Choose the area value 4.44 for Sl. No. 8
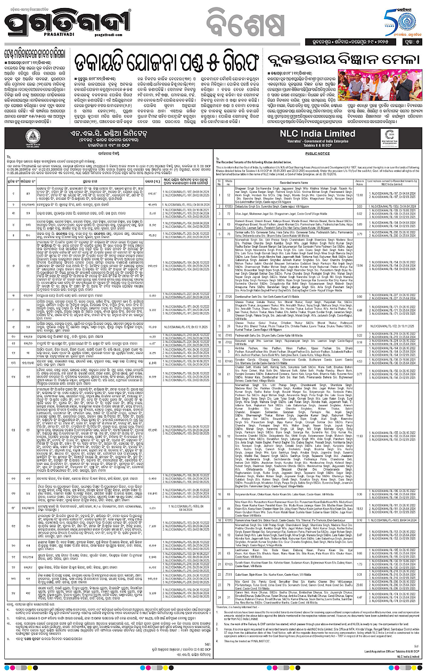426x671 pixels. [359, 310]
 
